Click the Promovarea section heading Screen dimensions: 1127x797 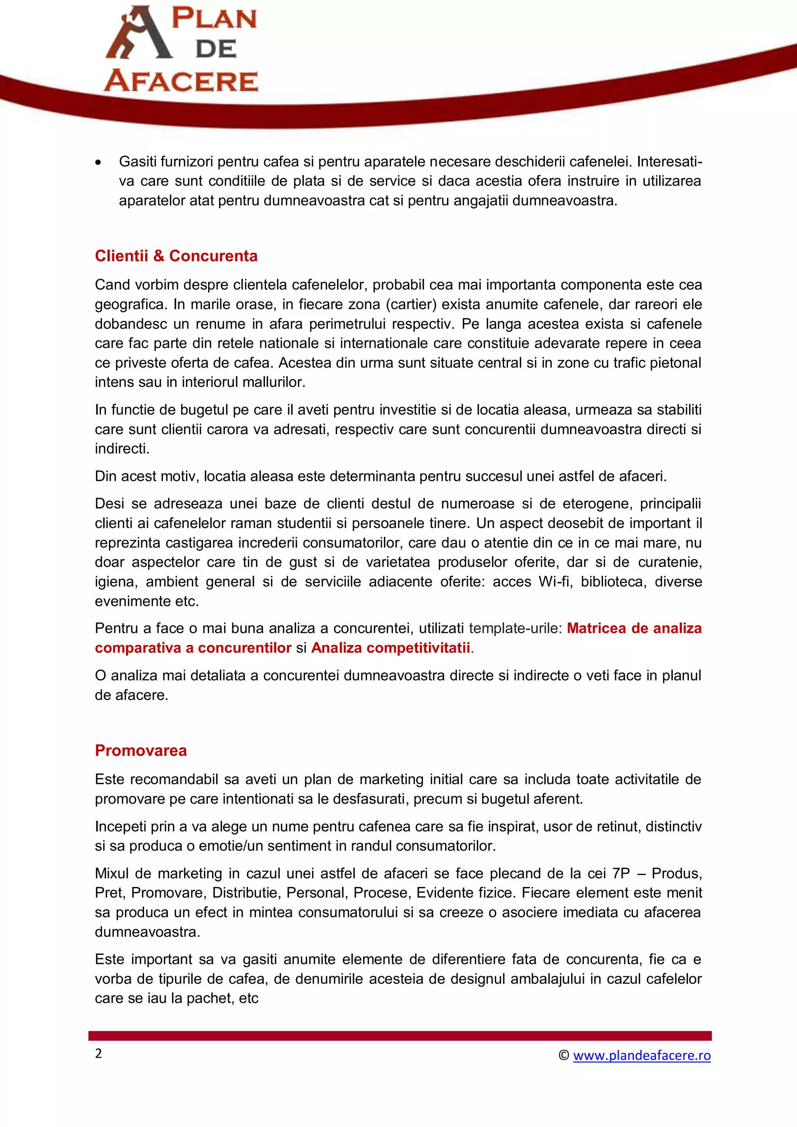click(140, 750)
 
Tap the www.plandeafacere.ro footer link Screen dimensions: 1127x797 click(641, 1055)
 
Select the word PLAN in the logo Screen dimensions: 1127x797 click(214, 19)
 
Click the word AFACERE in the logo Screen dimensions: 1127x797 click(181, 81)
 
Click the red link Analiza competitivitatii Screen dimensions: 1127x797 click(390, 648)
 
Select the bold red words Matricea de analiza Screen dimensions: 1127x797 click(634, 628)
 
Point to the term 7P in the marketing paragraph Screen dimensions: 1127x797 click(621, 873)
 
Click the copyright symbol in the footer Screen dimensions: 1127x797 click(564, 1055)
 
